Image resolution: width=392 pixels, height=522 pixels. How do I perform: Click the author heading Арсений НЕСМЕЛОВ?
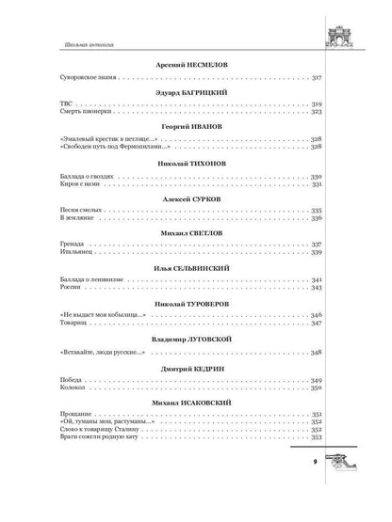click(x=197, y=67)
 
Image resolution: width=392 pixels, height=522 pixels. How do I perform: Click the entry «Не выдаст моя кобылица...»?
click(x=97, y=314)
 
